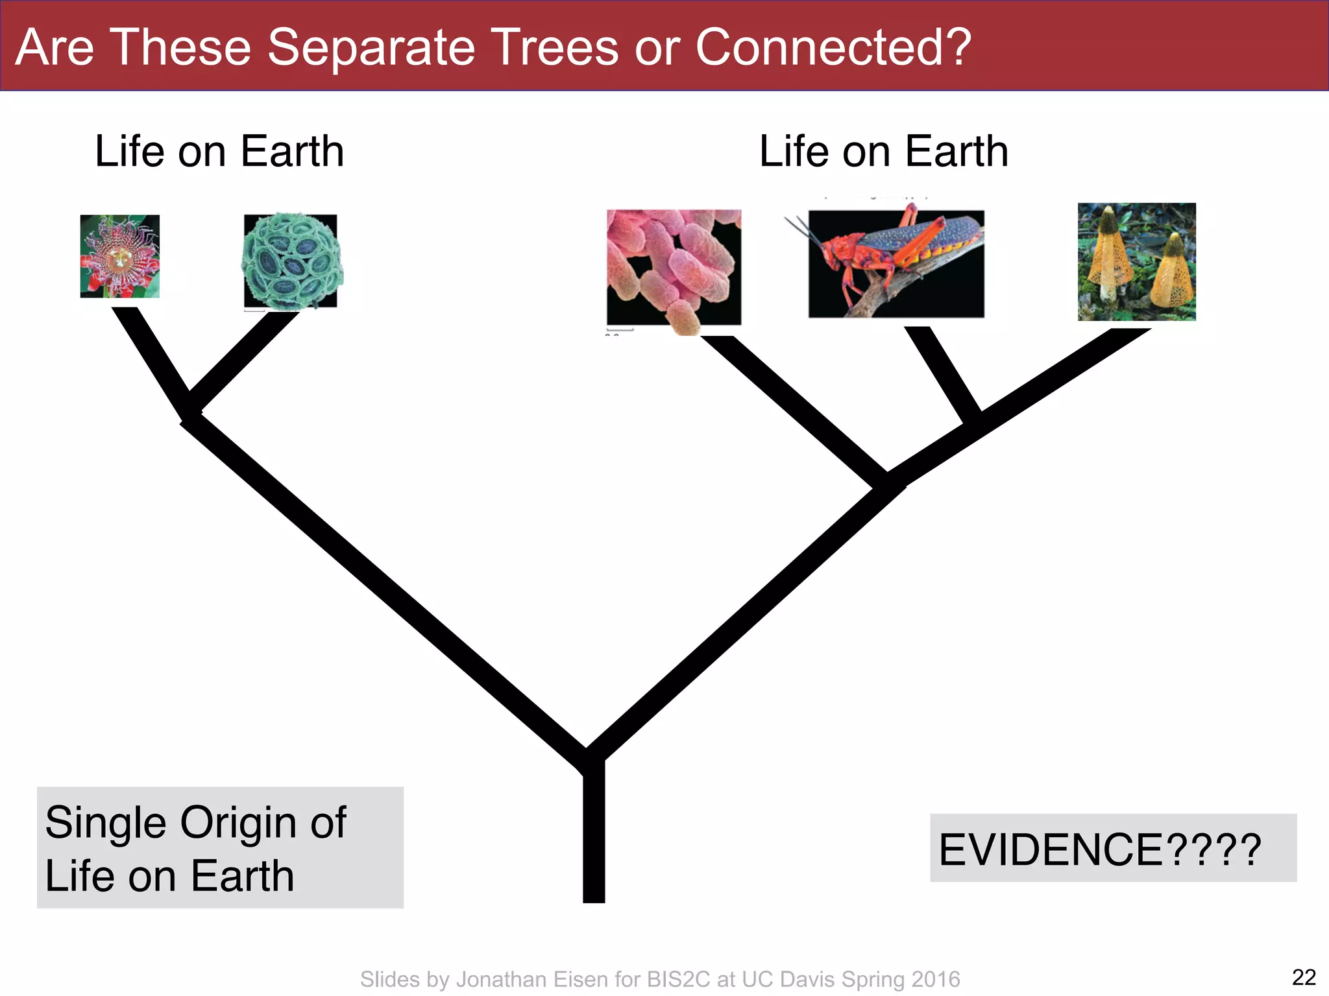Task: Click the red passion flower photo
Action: [119, 256]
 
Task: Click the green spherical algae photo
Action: [291, 261]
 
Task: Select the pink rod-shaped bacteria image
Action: [674, 267]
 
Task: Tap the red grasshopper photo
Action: [896, 263]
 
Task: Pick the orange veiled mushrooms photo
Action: [1136, 262]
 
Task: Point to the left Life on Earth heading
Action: [219, 152]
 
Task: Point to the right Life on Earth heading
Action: [884, 152]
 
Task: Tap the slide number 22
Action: [1304, 977]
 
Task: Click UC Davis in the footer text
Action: [788, 979]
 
